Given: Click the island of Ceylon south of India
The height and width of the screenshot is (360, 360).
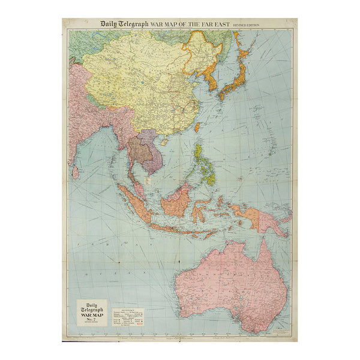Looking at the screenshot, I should coord(75,172).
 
